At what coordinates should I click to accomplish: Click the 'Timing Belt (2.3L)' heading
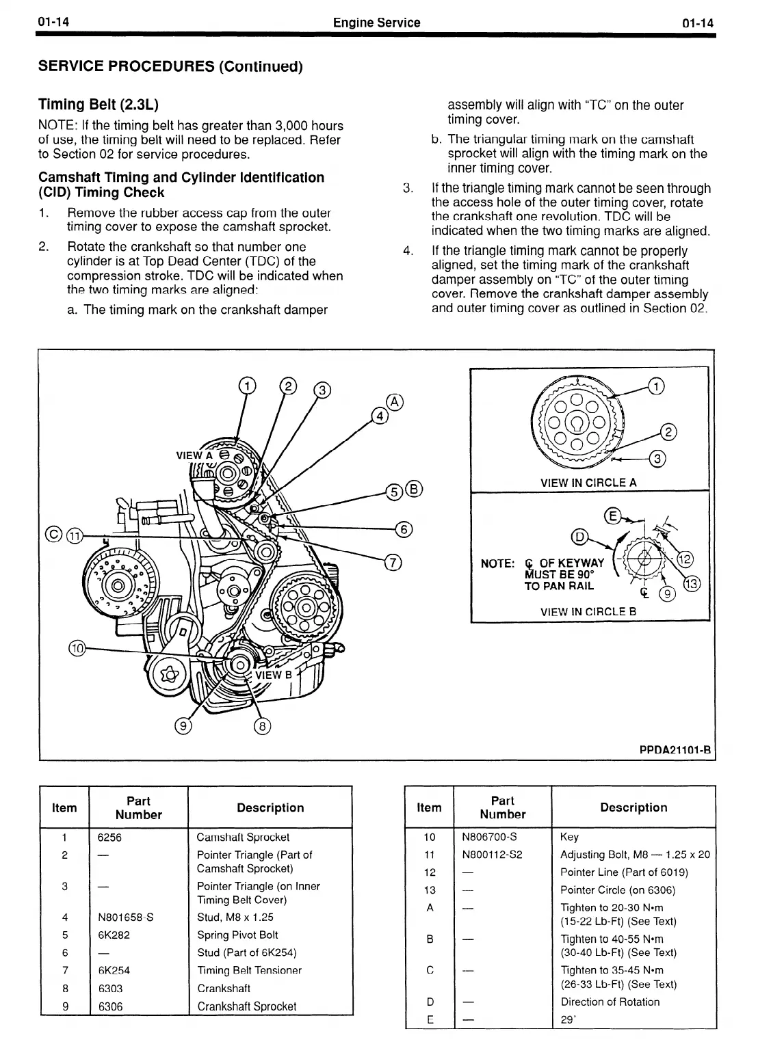click(99, 105)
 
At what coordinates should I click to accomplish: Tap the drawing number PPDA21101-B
click(675, 750)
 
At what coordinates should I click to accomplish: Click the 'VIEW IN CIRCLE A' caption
click(588, 483)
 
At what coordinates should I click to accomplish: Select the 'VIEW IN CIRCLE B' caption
click(588, 612)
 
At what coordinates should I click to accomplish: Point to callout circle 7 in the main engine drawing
click(393, 563)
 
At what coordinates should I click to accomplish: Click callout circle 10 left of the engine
click(77, 648)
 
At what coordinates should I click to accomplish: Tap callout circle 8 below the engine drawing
click(262, 726)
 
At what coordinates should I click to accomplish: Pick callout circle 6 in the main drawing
click(404, 528)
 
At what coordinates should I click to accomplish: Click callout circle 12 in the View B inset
click(685, 559)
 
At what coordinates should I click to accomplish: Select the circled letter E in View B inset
click(612, 516)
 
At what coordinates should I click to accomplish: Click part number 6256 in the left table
click(109, 838)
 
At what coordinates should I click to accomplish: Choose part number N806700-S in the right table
click(489, 837)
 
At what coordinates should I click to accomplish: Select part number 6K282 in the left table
click(114, 935)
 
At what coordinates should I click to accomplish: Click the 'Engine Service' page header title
click(376, 23)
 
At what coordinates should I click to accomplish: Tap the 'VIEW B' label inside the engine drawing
click(273, 675)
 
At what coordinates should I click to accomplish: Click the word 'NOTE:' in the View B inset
click(497, 564)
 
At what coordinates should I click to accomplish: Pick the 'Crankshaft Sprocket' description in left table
click(247, 1006)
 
